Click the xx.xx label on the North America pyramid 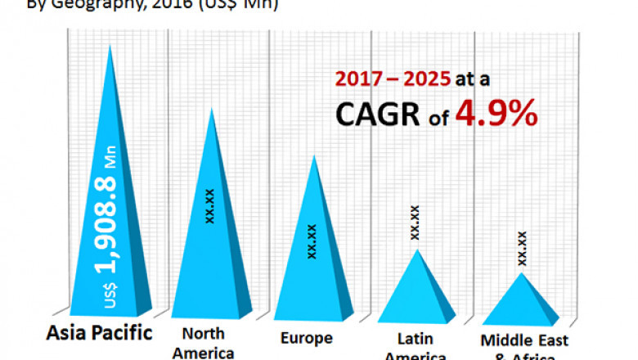click(210, 206)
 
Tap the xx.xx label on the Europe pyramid click(312, 241)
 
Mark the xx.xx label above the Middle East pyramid click(522, 248)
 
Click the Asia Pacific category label click(99, 334)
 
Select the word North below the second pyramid click(203, 334)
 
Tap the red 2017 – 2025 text click(392, 79)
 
